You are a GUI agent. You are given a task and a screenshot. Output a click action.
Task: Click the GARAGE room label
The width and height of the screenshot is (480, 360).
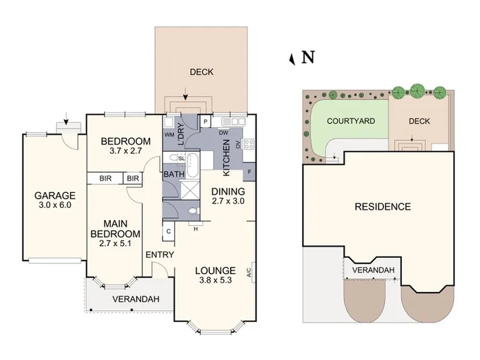(55, 195)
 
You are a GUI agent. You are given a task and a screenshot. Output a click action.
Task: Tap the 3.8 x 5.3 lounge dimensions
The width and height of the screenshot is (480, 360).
(215, 280)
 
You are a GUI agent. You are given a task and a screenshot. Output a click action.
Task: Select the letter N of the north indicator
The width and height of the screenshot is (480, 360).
(308, 57)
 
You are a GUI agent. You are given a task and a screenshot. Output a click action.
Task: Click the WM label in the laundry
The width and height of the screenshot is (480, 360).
(169, 135)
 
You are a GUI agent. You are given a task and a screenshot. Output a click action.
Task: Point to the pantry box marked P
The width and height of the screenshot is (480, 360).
(206, 122)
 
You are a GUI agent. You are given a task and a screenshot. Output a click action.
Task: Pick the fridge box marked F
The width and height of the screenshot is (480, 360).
(249, 172)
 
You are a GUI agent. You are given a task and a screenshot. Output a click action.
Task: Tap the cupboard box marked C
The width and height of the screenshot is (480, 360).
(169, 231)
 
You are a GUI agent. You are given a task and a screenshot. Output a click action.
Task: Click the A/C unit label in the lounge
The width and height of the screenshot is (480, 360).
(249, 273)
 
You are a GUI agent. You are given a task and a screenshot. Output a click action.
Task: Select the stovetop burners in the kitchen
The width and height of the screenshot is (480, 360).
(249, 144)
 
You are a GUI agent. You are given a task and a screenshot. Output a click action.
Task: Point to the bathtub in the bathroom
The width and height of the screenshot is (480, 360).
(193, 165)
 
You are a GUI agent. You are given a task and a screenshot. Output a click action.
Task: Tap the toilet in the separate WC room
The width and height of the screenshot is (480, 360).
(193, 211)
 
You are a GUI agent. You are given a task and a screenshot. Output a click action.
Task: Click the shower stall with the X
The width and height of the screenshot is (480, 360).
(189, 190)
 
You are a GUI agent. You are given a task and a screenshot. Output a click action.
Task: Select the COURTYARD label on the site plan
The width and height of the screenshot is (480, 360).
(351, 121)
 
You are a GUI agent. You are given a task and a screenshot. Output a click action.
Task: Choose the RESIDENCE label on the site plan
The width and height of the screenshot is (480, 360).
(383, 207)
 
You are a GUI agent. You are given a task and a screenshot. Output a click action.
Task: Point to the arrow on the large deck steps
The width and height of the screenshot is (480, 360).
(185, 94)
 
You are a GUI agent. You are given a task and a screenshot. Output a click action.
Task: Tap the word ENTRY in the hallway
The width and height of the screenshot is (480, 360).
(160, 255)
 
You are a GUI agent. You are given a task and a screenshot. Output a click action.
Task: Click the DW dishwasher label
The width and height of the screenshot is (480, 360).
(223, 133)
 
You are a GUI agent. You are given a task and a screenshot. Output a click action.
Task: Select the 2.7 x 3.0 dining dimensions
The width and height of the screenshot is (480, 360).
(228, 201)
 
